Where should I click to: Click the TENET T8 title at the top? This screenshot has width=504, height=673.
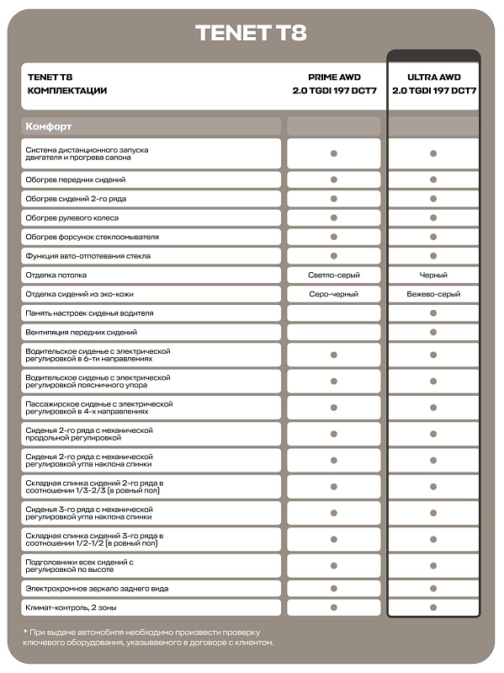pyautogui.click(x=251, y=33)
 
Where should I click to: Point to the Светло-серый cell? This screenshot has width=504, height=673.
pyautogui.click(x=334, y=275)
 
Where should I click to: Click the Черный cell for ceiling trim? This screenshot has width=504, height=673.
pyautogui.click(x=433, y=275)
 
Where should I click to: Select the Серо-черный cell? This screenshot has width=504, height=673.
pyautogui.click(x=334, y=294)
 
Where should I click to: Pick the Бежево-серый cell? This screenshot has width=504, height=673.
pyautogui.click(x=433, y=294)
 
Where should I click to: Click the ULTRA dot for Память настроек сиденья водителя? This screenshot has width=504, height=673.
pyautogui.click(x=433, y=313)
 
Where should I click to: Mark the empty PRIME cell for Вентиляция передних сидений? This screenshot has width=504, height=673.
pyautogui.click(x=334, y=333)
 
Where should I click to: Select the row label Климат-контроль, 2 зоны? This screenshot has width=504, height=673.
pyautogui.click(x=71, y=607)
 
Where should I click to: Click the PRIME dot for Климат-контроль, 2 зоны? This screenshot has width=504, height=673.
pyautogui.click(x=334, y=607)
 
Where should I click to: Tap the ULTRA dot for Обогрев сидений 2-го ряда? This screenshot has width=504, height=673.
pyautogui.click(x=433, y=199)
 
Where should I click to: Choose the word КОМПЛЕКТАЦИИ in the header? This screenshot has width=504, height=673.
pyautogui.click(x=67, y=90)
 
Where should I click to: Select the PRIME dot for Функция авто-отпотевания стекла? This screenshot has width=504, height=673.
pyautogui.click(x=334, y=256)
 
